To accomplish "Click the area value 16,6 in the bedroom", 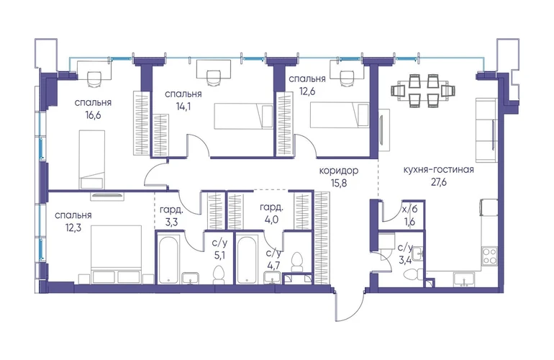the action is pos(93,115).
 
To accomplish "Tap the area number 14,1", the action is pos(183,107).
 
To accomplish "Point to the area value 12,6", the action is pos(307,91).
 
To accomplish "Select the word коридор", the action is pos(338,171).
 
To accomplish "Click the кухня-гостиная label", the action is pos(438,170).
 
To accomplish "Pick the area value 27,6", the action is pos(438,182).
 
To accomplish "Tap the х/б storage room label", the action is pos(410,209).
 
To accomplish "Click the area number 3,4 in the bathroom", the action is pos(405,261).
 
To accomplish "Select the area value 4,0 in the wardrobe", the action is pos(271,220).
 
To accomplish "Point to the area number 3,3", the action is pos(171,223).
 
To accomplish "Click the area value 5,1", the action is pos(219,256).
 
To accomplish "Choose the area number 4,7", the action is pos(273,266).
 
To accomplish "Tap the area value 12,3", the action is pos(73,228).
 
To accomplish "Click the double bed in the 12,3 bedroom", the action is pos(117,254).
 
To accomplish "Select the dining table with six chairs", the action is pos(423,91).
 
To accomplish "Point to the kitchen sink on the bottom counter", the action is pos(464,279).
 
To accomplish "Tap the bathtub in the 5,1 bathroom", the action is pos(168,260).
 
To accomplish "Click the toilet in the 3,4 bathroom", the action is pos(412,274).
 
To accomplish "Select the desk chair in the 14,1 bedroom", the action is pos(213,78).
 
